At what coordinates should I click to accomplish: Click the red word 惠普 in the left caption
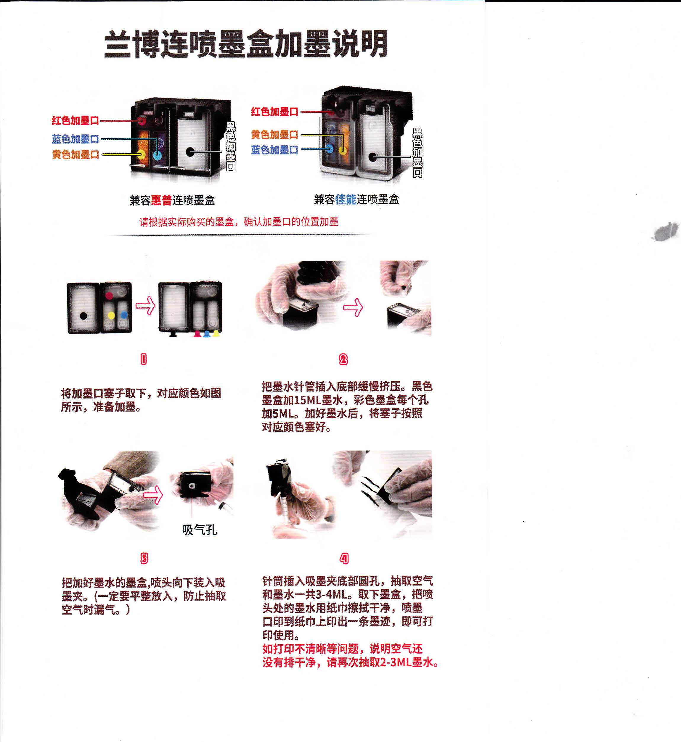click(x=161, y=200)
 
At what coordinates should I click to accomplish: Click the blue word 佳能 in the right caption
click(x=346, y=200)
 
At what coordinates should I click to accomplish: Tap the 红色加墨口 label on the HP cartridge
click(x=76, y=120)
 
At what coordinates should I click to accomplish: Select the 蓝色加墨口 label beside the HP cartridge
click(x=76, y=139)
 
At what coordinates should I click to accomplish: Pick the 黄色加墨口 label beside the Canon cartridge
click(x=274, y=135)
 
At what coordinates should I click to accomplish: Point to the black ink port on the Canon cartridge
click(x=373, y=157)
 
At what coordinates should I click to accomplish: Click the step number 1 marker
click(x=144, y=359)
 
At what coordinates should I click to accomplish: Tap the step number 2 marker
click(x=343, y=359)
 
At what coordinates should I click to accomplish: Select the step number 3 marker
click(x=144, y=559)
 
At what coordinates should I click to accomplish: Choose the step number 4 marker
click(x=344, y=559)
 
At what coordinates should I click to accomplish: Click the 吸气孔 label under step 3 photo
click(x=199, y=530)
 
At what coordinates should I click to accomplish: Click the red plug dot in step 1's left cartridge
click(x=109, y=295)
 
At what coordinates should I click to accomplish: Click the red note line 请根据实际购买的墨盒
click(x=239, y=222)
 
